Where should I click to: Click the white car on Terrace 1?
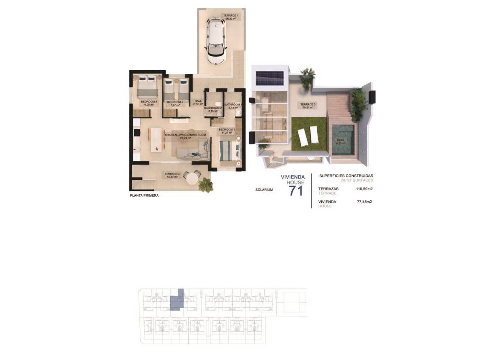[x=216, y=41]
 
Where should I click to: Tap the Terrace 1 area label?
[x=231, y=17]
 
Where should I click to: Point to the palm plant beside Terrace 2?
[x=206, y=185]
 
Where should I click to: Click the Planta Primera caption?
[x=144, y=196]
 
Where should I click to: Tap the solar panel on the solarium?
[x=270, y=78]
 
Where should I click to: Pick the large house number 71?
[x=296, y=191]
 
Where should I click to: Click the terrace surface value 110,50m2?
[x=364, y=189]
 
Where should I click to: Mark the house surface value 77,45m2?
[x=364, y=202]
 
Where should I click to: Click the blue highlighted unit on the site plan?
[x=177, y=300]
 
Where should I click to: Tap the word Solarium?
[x=263, y=190]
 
